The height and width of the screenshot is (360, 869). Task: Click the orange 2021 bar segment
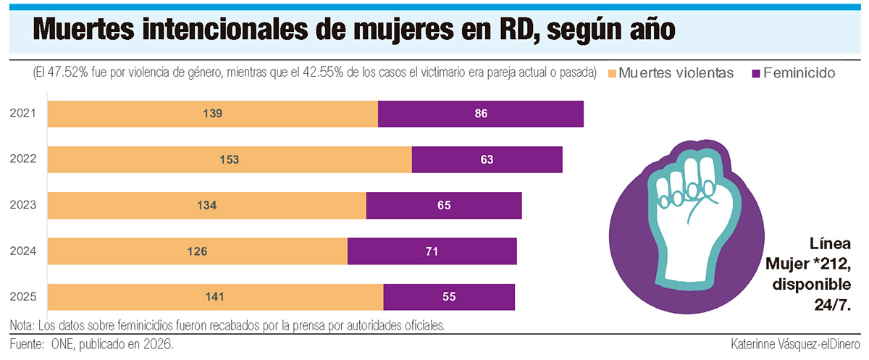(213, 114)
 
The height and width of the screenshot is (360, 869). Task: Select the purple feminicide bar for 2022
(487, 159)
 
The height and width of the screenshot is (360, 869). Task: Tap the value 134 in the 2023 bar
(207, 205)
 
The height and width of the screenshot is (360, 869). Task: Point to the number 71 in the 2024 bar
(432, 251)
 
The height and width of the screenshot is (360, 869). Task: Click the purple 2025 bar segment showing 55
(449, 297)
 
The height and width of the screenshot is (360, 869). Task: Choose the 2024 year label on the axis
(23, 251)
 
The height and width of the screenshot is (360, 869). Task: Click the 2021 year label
(23, 113)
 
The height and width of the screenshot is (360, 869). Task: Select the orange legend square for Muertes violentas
(612, 73)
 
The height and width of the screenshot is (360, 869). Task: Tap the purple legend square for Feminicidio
(756, 73)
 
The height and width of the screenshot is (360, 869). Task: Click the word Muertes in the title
(84, 30)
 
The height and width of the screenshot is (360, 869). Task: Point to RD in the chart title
(519, 30)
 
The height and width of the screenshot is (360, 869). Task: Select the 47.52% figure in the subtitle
(68, 72)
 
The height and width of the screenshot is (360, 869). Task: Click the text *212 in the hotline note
(832, 264)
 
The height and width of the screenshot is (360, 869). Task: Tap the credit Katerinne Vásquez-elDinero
(795, 344)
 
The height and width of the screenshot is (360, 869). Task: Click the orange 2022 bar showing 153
(230, 159)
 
